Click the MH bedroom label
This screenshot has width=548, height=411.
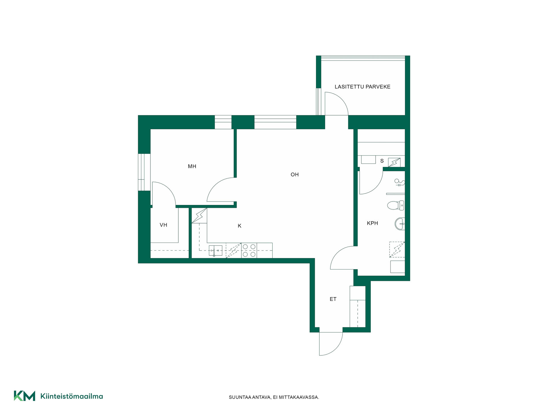click(x=192, y=166)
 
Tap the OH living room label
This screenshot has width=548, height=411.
click(x=295, y=174)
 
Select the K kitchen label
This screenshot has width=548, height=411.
click(x=239, y=226)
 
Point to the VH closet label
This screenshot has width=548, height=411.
click(x=163, y=225)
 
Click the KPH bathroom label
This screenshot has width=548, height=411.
click(x=372, y=223)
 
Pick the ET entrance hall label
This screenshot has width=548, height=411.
click(x=333, y=299)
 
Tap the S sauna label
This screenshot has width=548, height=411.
click(x=382, y=161)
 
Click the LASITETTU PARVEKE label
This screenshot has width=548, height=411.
click(x=362, y=87)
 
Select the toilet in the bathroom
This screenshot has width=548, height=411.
click(x=396, y=205)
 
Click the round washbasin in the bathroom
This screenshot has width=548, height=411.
click(x=400, y=224)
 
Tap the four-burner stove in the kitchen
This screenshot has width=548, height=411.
click(x=249, y=250)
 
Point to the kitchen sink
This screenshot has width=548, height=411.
click(x=215, y=251)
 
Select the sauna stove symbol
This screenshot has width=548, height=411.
click(x=394, y=162)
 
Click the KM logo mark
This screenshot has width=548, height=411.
click(x=25, y=396)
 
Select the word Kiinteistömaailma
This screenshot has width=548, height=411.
click(x=72, y=396)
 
